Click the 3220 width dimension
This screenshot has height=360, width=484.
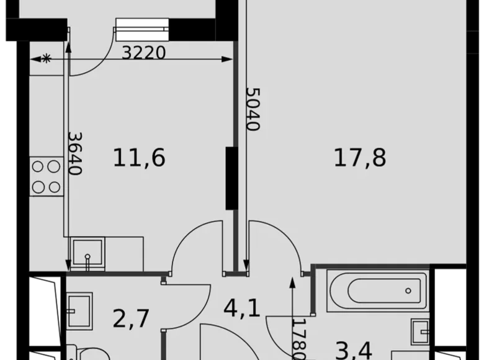(x=143, y=53)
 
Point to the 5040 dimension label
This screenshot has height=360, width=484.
(x=253, y=109)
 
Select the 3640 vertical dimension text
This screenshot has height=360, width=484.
(x=74, y=153)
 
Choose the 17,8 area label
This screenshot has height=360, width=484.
(x=360, y=158)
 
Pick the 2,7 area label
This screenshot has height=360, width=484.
(x=130, y=318)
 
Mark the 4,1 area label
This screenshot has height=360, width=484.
(x=241, y=308)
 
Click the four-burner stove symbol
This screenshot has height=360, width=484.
(x=46, y=176)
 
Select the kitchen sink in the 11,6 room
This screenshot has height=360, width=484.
(x=87, y=253)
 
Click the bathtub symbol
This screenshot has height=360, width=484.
(x=370, y=290)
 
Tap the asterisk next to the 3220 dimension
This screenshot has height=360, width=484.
(x=47, y=58)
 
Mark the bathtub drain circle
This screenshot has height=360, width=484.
(x=409, y=290)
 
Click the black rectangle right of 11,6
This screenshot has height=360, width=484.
(x=230, y=177)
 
